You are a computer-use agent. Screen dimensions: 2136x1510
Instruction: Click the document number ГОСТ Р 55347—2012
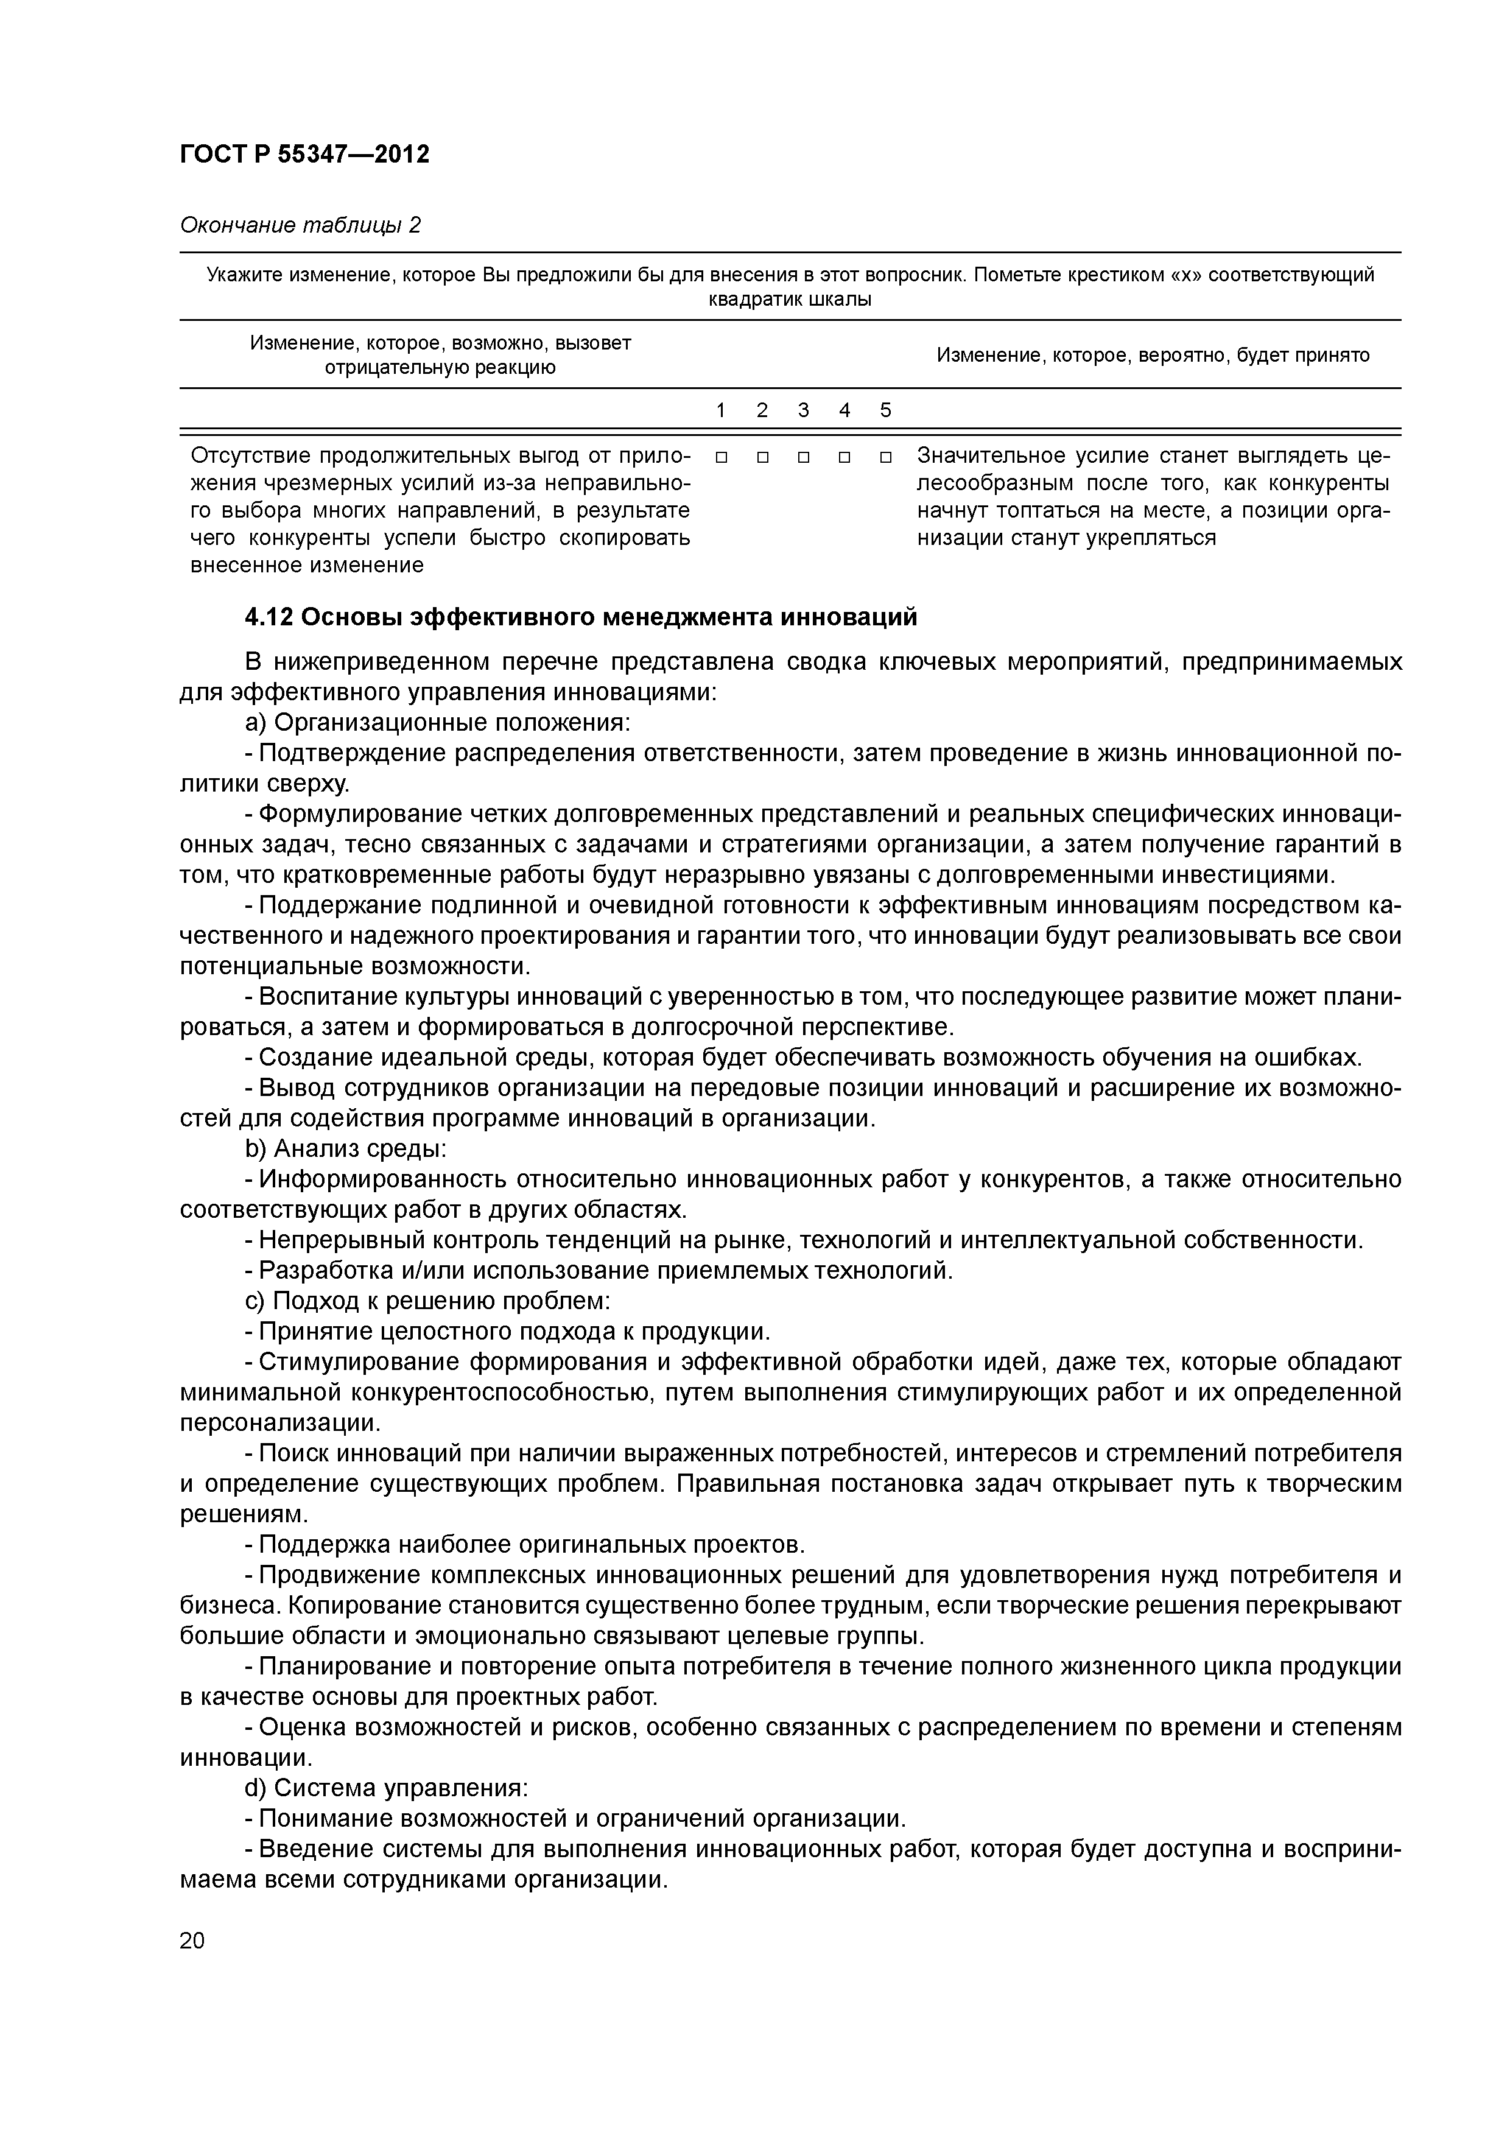(x=304, y=155)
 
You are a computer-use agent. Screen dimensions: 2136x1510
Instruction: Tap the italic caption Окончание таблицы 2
(x=300, y=225)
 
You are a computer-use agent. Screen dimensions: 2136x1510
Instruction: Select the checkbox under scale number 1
(x=720, y=458)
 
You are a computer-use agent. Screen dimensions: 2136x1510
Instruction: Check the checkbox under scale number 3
(x=803, y=458)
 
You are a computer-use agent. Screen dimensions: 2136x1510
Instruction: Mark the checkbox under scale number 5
(x=886, y=458)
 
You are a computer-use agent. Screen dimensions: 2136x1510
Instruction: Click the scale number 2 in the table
(x=762, y=410)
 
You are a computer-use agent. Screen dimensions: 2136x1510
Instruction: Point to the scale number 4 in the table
(x=844, y=410)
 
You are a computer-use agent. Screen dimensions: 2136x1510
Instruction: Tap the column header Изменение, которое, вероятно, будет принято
(x=1153, y=356)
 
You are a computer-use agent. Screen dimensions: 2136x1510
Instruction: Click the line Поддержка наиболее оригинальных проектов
(x=524, y=1544)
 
